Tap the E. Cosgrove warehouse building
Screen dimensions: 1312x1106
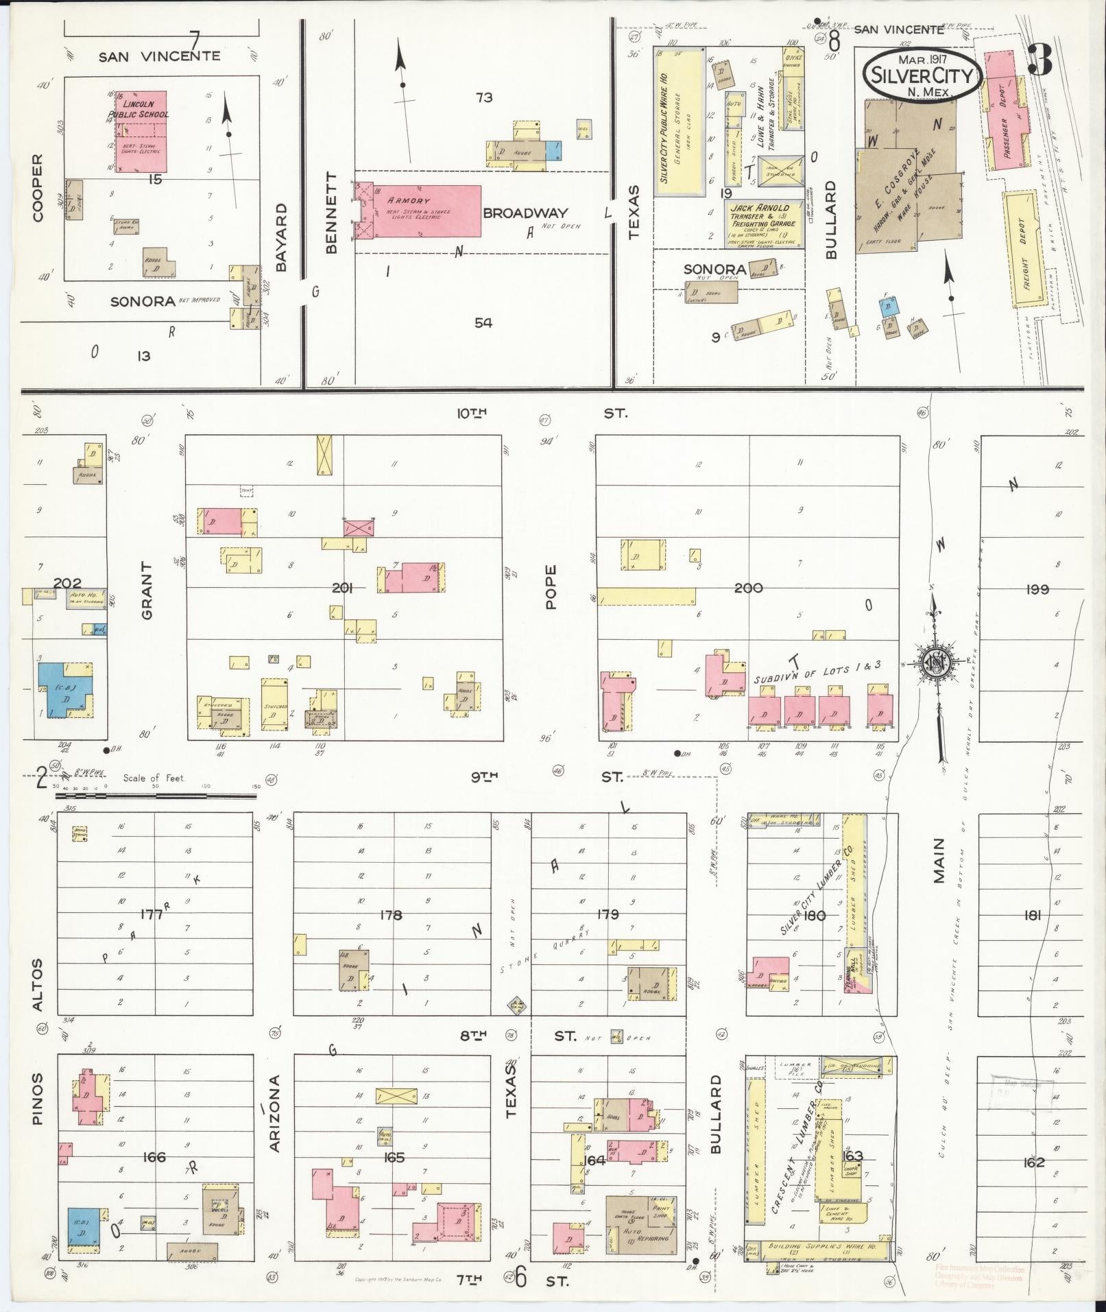(905, 178)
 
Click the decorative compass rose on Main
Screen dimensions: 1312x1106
(934, 663)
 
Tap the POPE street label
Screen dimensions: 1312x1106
(551, 587)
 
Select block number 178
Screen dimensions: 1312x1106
(391, 915)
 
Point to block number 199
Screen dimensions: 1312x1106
(1038, 588)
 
